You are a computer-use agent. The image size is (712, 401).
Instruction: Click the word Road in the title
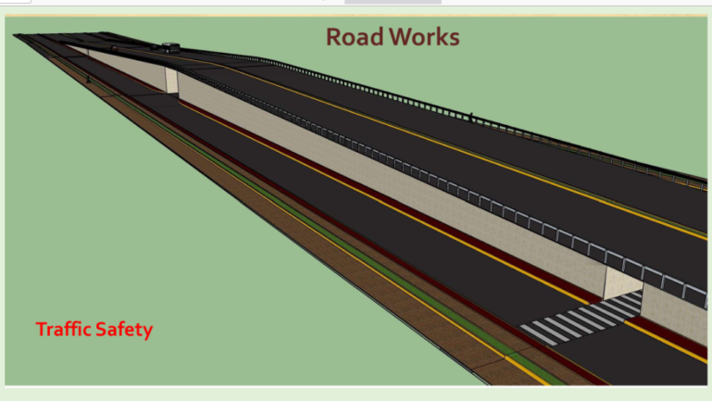click(x=353, y=37)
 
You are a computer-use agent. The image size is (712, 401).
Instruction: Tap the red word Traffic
click(x=65, y=329)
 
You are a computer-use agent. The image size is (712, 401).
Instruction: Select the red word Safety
click(x=125, y=329)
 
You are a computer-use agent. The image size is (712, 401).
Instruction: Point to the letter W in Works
click(x=400, y=37)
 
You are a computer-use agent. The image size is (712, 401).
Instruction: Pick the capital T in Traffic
click(x=42, y=329)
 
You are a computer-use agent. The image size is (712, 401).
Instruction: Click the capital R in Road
click(x=334, y=37)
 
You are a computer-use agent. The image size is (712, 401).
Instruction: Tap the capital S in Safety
click(x=105, y=329)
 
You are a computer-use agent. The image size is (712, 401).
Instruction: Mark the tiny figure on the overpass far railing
click(x=470, y=118)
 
